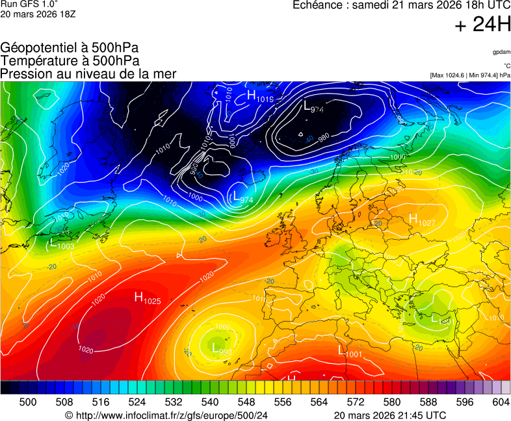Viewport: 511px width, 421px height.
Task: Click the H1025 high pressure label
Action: click(148, 298)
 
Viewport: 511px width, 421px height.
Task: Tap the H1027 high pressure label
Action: click(421, 220)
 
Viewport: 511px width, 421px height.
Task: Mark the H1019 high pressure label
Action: click(260, 96)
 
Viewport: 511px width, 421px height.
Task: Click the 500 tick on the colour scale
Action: click(28, 402)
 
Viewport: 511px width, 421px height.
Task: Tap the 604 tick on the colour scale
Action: click(500, 402)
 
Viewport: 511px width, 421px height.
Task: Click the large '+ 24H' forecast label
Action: click(483, 25)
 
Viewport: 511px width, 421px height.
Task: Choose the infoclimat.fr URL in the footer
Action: click(166, 415)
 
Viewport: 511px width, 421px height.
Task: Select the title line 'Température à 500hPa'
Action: click(70, 60)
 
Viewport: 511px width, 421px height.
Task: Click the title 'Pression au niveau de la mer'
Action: click(88, 73)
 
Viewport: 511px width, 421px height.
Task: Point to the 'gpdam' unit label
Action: click(501, 51)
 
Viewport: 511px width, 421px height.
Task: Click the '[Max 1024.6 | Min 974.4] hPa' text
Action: click(470, 75)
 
